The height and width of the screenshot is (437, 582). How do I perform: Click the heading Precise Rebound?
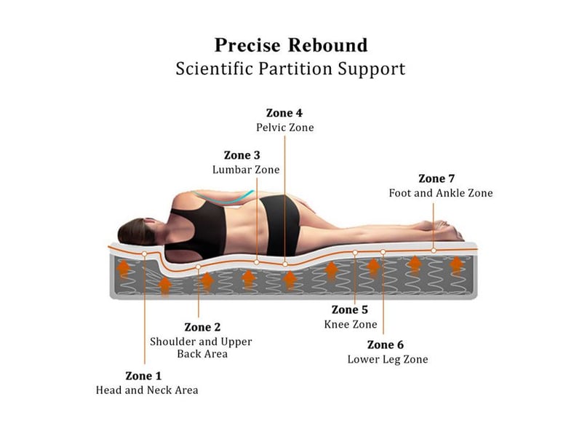tap(291, 45)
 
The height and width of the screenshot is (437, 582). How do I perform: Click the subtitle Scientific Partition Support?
tap(290, 69)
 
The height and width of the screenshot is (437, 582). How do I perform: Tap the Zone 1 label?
tap(143, 376)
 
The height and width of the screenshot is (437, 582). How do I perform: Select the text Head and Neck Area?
tap(147, 390)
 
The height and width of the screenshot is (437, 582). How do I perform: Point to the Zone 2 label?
tap(202, 327)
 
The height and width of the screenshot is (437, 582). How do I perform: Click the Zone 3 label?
tap(242, 155)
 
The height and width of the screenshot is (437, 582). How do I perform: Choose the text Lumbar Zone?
tap(246, 170)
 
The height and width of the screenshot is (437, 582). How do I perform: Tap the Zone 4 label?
tap(284, 113)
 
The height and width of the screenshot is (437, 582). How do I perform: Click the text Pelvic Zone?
tap(285, 127)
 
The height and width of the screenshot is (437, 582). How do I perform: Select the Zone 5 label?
tap(350, 310)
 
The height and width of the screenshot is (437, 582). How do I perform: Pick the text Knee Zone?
tap(351, 324)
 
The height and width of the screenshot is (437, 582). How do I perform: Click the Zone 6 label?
tap(386, 345)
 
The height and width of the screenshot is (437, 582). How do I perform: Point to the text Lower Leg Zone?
tap(388, 359)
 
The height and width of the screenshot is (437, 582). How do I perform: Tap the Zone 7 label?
tap(436, 178)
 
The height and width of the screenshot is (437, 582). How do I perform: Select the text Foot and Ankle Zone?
tap(441, 193)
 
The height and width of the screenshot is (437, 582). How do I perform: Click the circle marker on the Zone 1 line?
tap(144, 253)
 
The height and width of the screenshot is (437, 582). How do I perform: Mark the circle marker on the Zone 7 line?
tap(434, 251)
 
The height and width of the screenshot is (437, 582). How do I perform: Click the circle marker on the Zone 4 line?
tap(285, 264)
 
